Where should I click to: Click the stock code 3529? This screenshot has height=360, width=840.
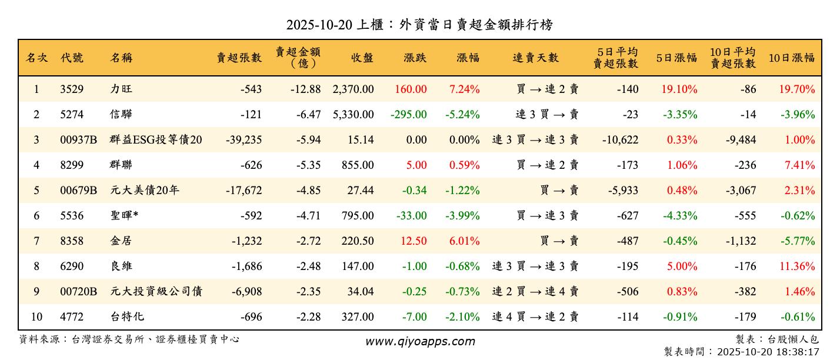72,89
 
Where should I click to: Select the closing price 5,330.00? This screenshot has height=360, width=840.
353,115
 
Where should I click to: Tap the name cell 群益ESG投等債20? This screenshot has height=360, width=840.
156,140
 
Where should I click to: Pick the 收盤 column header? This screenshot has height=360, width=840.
362,58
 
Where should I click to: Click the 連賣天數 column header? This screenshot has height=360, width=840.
535,58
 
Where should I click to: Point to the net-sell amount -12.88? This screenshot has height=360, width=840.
305,89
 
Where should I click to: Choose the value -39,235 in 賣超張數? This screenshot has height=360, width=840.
244,140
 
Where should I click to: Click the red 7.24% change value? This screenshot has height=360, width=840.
464,89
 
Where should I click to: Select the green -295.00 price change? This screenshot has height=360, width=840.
409,115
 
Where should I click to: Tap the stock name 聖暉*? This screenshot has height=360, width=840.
124,216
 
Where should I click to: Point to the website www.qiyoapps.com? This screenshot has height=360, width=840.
420,341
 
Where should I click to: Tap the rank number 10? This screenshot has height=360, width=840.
36,317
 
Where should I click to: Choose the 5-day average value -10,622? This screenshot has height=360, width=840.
620,140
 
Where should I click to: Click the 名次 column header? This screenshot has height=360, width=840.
36,58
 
